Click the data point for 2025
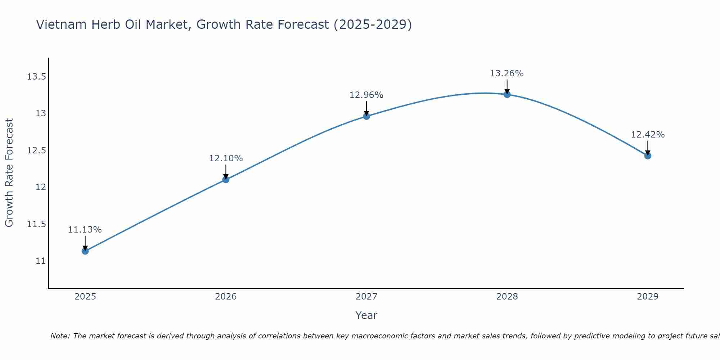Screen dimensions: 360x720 85,251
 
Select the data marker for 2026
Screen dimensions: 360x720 226,179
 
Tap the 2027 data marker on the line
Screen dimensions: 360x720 366,116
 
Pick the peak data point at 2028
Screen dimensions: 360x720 507,94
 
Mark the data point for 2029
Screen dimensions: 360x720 648,156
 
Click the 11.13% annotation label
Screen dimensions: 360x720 85,230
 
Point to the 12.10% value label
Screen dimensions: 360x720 226,158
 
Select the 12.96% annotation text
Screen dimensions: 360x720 366,95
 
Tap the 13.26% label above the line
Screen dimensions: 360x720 507,73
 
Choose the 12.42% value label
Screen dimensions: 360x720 648,135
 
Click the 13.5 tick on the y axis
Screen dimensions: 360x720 36,77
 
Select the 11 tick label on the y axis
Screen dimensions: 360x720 41,261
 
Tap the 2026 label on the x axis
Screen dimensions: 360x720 226,297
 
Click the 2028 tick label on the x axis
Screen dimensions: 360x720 507,297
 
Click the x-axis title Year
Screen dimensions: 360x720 366,315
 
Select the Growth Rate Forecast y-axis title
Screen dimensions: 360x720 9,173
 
